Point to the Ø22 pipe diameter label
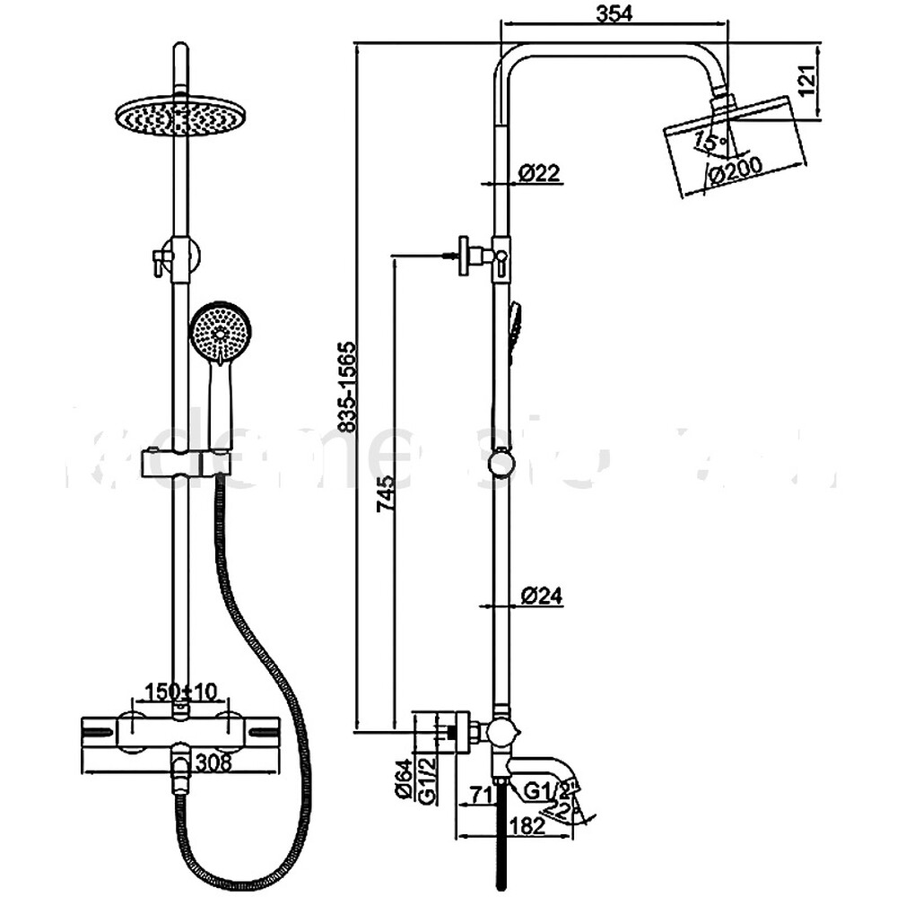coord(540,173)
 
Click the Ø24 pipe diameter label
coord(541,595)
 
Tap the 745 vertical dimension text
coord(385,493)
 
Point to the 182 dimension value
coord(526,826)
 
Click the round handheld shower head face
coord(218,332)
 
